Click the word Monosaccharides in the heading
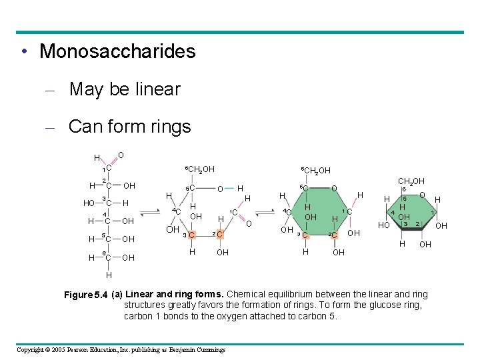(x=117, y=51)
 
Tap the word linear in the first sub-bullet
(x=157, y=89)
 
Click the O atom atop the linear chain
(x=121, y=155)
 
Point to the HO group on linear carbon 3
(x=89, y=203)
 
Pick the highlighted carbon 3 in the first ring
(x=191, y=235)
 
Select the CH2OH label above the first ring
(x=199, y=169)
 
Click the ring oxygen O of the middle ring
(x=335, y=189)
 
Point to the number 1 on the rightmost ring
(x=433, y=213)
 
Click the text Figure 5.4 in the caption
(x=86, y=295)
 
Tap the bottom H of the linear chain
(x=108, y=275)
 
